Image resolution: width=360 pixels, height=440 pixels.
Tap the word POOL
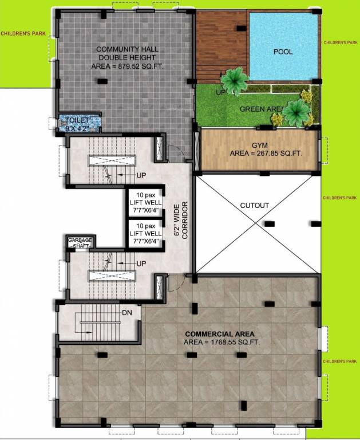pos(283,52)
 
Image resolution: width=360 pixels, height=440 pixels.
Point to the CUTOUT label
pos(254,205)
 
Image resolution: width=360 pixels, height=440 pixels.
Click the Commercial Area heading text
pos(219,333)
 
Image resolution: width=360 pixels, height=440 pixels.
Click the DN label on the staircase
pos(127,313)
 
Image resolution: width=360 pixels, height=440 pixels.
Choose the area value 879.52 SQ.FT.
pos(122,66)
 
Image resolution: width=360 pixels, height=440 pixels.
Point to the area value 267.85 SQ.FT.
pos(266,154)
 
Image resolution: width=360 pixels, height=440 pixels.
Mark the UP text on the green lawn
pos(220,92)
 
